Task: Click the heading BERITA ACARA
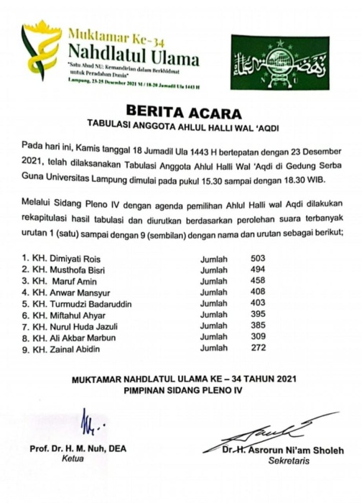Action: [x=180, y=111]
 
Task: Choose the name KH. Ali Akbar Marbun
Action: [x=69, y=338]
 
